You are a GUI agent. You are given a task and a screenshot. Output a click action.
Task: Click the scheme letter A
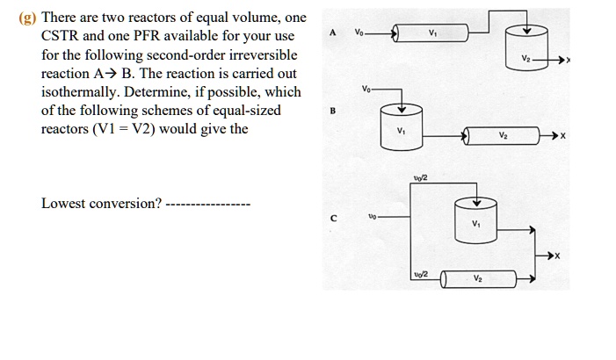point(332,33)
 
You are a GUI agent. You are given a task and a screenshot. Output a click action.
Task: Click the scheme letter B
point(332,112)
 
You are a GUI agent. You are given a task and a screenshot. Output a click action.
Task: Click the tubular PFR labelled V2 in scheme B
point(503,135)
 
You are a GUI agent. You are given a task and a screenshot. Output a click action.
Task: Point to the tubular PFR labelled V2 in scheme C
point(477,279)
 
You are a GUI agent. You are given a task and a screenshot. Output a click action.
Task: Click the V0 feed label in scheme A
point(359,32)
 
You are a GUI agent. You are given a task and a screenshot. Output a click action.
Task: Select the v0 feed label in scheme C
point(373,216)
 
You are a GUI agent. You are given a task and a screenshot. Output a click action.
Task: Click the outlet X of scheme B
point(563,136)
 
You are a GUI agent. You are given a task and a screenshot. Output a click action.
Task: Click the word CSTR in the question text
point(62,37)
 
